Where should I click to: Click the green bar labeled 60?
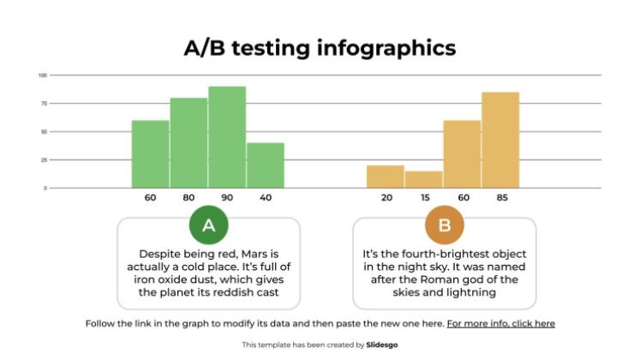pyautogui.click(x=150, y=154)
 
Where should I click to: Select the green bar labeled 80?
pyautogui.click(x=188, y=143)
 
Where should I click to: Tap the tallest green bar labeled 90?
pyautogui.click(x=227, y=137)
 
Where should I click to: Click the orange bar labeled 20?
pyautogui.click(x=386, y=177)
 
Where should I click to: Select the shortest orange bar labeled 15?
pyautogui.click(x=423, y=179)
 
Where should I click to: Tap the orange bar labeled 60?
pyautogui.click(x=462, y=154)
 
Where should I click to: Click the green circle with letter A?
pyautogui.click(x=208, y=226)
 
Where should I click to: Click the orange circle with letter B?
pyautogui.click(x=444, y=226)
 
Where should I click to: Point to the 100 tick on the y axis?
pyautogui.click(x=42, y=75)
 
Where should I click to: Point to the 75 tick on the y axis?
pyautogui.click(x=43, y=104)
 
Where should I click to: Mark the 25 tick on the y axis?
pyautogui.click(x=43, y=160)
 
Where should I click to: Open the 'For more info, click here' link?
pyautogui.click(x=500, y=324)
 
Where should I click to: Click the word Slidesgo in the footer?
pyautogui.click(x=383, y=345)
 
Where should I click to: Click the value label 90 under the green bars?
pyautogui.click(x=227, y=198)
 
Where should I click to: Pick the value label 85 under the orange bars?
pyautogui.click(x=501, y=198)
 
